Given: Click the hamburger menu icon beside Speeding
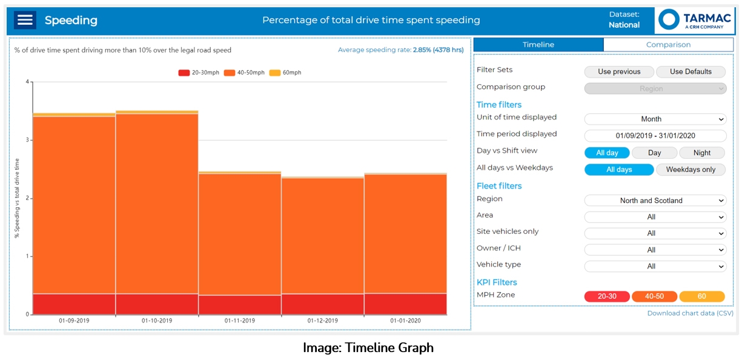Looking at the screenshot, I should [x=25, y=20].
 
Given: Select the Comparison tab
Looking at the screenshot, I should [x=668, y=45].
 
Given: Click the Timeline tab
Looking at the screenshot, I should [x=538, y=45].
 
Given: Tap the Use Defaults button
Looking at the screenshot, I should [x=691, y=72].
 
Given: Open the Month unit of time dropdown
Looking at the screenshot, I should [x=655, y=119].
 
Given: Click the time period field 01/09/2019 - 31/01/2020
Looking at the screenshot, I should [x=655, y=136].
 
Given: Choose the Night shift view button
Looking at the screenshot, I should [x=702, y=153].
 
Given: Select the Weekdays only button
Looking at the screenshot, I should [x=691, y=170].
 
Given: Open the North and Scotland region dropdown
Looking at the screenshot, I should [x=655, y=201].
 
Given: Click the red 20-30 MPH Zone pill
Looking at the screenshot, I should [x=607, y=296].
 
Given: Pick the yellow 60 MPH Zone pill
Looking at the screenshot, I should [x=702, y=296].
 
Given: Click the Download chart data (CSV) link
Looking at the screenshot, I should [x=690, y=313].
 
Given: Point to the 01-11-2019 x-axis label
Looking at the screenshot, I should [x=240, y=321].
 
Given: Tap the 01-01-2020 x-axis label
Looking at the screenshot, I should [x=405, y=321].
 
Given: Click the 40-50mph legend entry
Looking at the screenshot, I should [x=244, y=73].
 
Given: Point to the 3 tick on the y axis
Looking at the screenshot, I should [x=28, y=140].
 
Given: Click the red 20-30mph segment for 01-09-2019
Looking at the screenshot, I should [x=74, y=304].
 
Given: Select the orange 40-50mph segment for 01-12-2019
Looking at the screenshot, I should [x=322, y=236].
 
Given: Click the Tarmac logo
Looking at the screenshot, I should [x=694, y=20].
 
